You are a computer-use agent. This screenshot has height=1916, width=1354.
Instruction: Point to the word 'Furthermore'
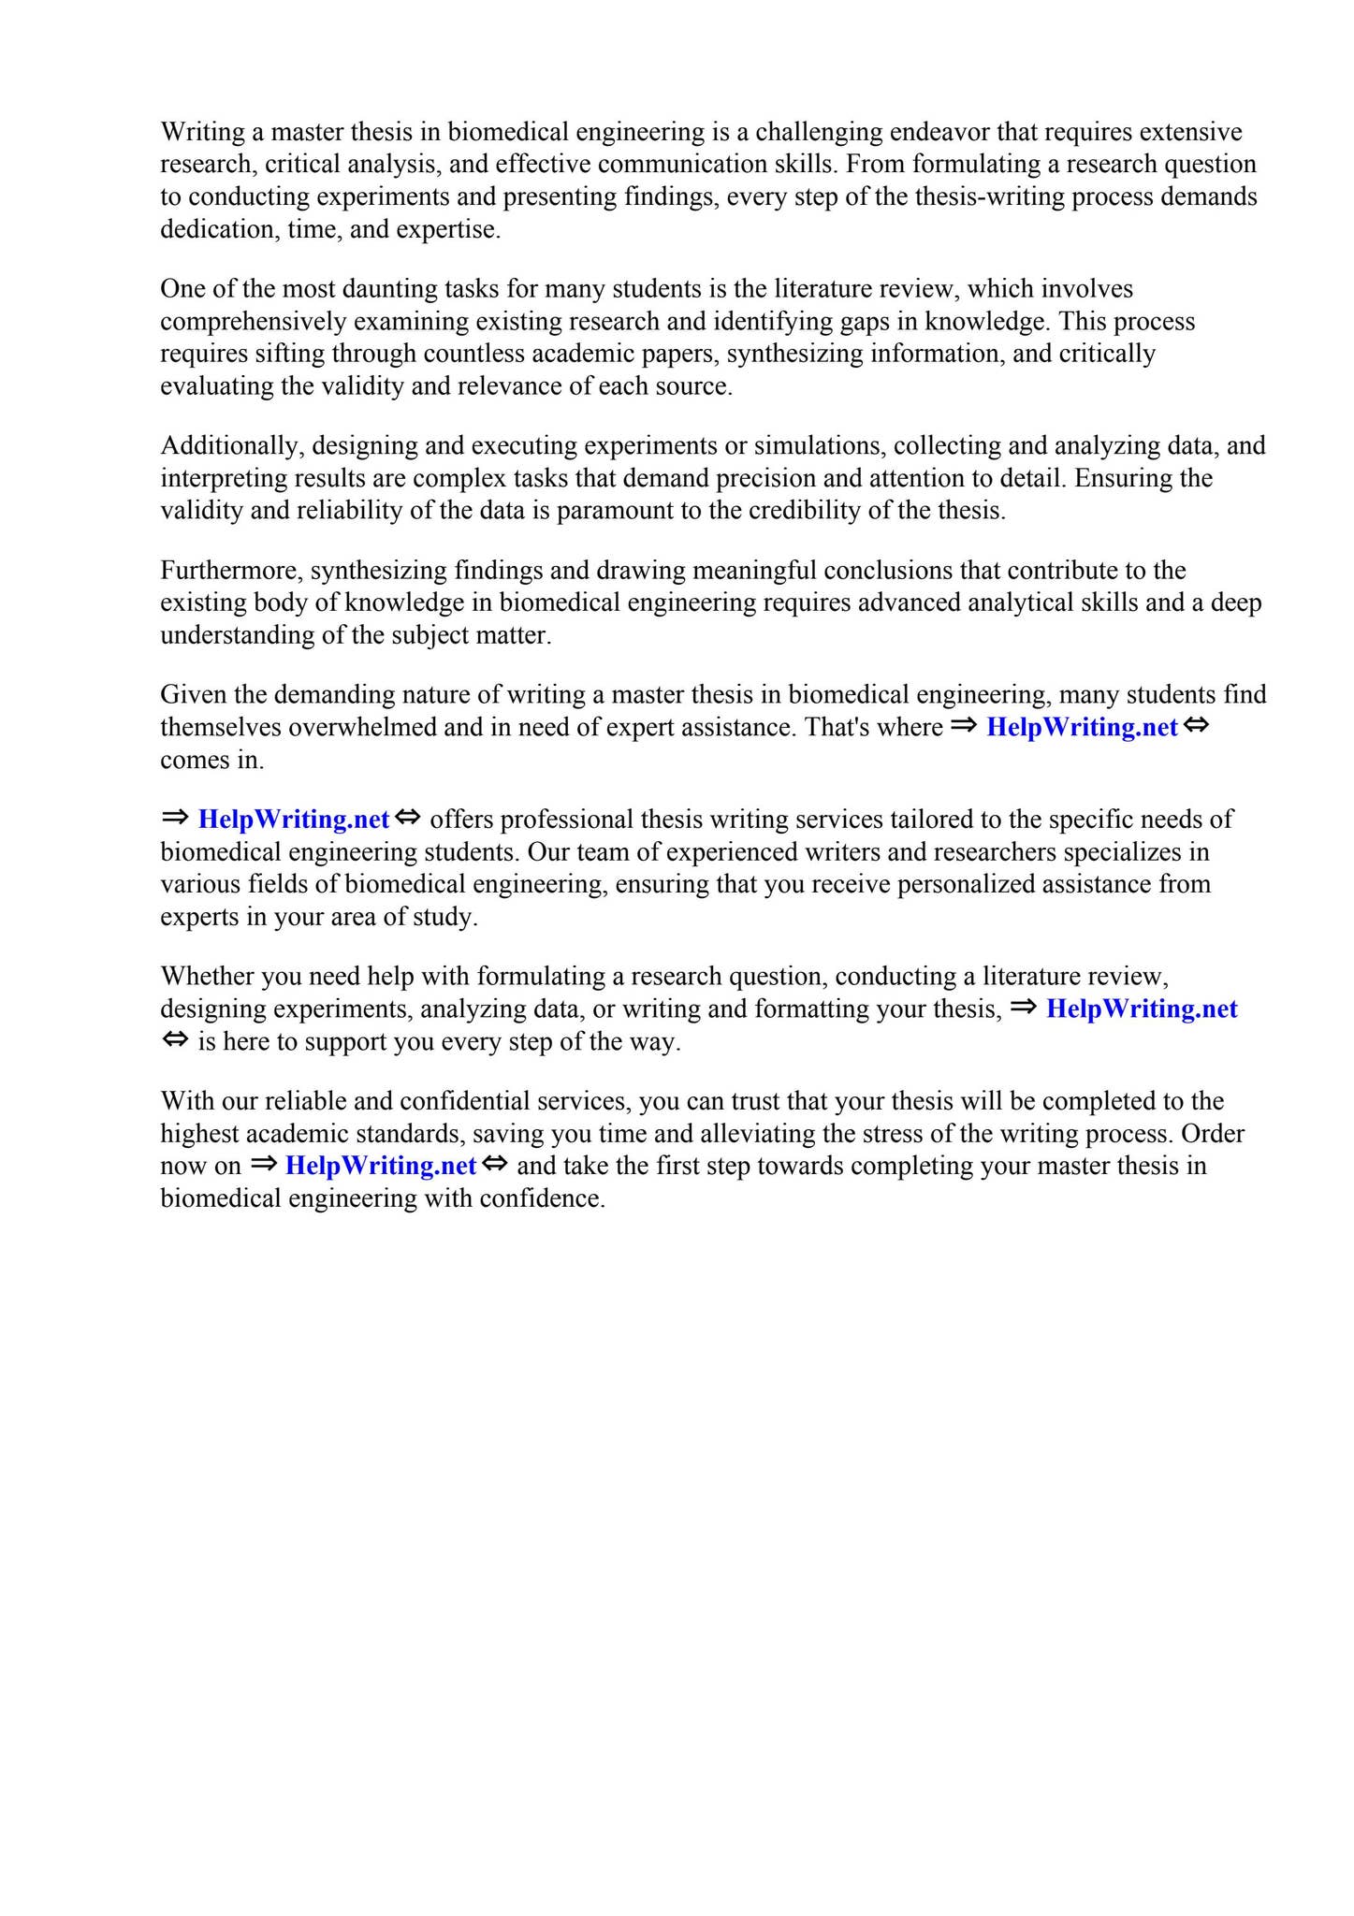coord(231,571)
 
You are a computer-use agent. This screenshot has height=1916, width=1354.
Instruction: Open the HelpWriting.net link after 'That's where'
coord(1082,728)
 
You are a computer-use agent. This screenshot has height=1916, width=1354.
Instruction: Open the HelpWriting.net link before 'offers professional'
coord(294,820)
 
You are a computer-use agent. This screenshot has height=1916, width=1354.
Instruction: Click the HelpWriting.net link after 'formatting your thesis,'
coord(1142,1009)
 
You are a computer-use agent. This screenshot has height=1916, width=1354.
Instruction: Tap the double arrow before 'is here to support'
coord(175,1040)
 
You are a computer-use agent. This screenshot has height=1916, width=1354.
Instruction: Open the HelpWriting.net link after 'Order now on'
coord(381,1167)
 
